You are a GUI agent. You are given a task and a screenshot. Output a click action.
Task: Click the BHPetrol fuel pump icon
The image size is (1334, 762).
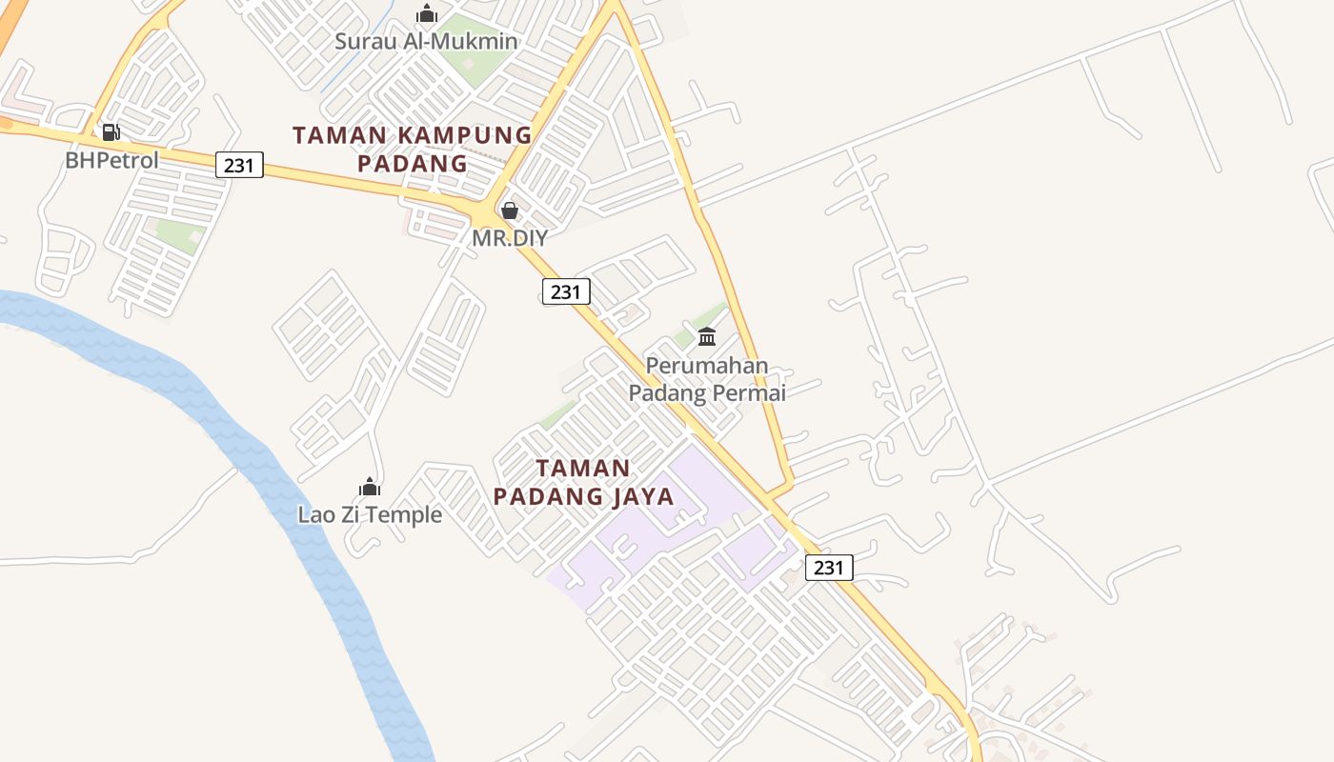point(111,132)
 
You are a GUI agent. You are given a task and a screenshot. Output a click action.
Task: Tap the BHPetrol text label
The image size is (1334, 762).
point(111,160)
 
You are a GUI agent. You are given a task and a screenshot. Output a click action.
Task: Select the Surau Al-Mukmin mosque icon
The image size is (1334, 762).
point(426,14)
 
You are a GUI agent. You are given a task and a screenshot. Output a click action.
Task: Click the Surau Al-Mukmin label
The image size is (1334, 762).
point(426,42)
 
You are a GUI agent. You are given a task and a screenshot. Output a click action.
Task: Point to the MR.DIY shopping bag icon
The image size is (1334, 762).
point(510,211)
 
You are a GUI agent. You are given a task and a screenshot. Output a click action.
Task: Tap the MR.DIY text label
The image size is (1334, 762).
point(510,238)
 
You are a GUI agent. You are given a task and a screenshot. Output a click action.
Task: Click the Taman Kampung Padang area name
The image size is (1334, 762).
point(412,149)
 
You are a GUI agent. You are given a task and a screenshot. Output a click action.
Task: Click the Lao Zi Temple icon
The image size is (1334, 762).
point(370,488)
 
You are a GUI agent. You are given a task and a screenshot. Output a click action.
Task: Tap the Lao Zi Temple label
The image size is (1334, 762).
point(370,515)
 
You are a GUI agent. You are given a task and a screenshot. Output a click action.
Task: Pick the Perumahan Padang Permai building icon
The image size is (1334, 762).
point(707,337)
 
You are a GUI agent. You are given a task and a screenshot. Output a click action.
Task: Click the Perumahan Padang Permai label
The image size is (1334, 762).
point(707,379)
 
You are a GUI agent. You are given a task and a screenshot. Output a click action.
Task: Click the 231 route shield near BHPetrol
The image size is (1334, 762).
point(238,165)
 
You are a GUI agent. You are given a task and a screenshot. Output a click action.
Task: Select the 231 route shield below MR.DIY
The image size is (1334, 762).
point(566,291)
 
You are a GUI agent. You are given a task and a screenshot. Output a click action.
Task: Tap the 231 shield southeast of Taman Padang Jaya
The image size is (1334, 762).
point(829,568)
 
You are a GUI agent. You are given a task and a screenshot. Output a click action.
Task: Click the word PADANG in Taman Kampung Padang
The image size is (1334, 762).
point(413,163)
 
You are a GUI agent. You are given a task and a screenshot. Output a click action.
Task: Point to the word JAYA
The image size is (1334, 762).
point(642,496)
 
